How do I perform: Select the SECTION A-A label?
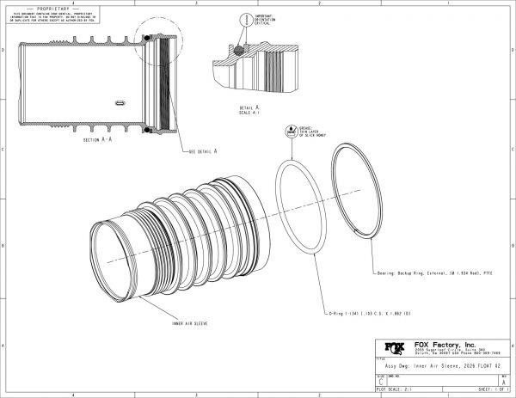coord(99,139)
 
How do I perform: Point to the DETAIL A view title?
coord(250,107)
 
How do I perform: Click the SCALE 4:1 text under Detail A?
coord(249,112)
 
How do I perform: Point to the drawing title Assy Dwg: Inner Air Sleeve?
coord(426,364)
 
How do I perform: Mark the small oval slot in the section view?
coord(122,101)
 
